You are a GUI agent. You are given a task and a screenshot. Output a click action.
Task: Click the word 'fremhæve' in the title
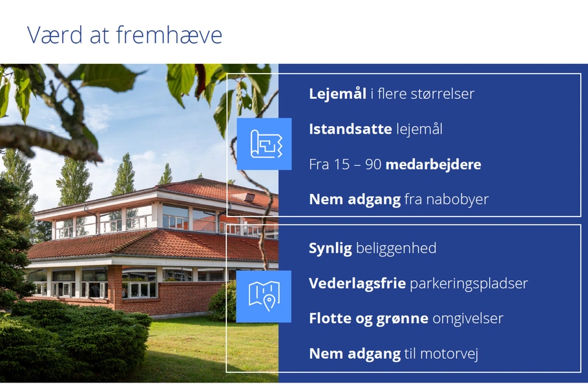(169, 35)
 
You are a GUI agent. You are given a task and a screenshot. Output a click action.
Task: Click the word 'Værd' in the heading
(55, 35)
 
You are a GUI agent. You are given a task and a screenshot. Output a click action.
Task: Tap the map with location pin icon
(264, 297)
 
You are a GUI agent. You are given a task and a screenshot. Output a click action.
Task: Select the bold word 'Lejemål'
(337, 94)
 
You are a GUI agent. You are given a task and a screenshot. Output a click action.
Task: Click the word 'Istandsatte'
(350, 129)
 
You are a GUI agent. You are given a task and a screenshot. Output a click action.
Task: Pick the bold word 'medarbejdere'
(433, 164)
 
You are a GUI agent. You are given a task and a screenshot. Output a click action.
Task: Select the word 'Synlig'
(330, 248)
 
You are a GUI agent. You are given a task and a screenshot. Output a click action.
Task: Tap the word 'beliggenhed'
(396, 248)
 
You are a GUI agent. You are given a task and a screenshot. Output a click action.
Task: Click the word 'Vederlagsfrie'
(357, 283)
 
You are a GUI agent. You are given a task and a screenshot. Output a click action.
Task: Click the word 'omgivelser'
(468, 319)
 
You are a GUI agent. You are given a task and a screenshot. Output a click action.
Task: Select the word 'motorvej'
(449, 354)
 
